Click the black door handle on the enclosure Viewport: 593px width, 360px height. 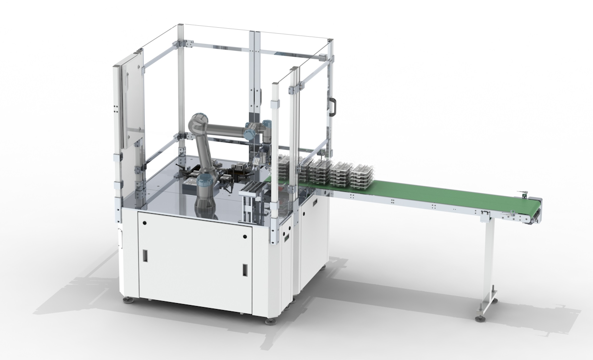point(334,106)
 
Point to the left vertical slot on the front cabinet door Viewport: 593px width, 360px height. point(145,256)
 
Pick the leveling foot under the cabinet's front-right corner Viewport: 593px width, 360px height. point(270,321)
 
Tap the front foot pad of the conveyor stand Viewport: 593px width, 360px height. point(480,318)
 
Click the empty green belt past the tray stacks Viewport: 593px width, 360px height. point(445,196)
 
